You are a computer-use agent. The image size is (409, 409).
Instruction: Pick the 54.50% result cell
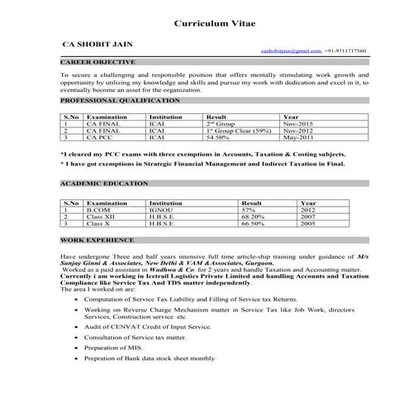[218, 137]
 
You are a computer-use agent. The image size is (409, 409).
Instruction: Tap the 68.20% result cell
[252, 216]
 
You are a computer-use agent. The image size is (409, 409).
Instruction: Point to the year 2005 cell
[308, 223]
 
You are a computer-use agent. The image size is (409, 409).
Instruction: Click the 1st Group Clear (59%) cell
[238, 131]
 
